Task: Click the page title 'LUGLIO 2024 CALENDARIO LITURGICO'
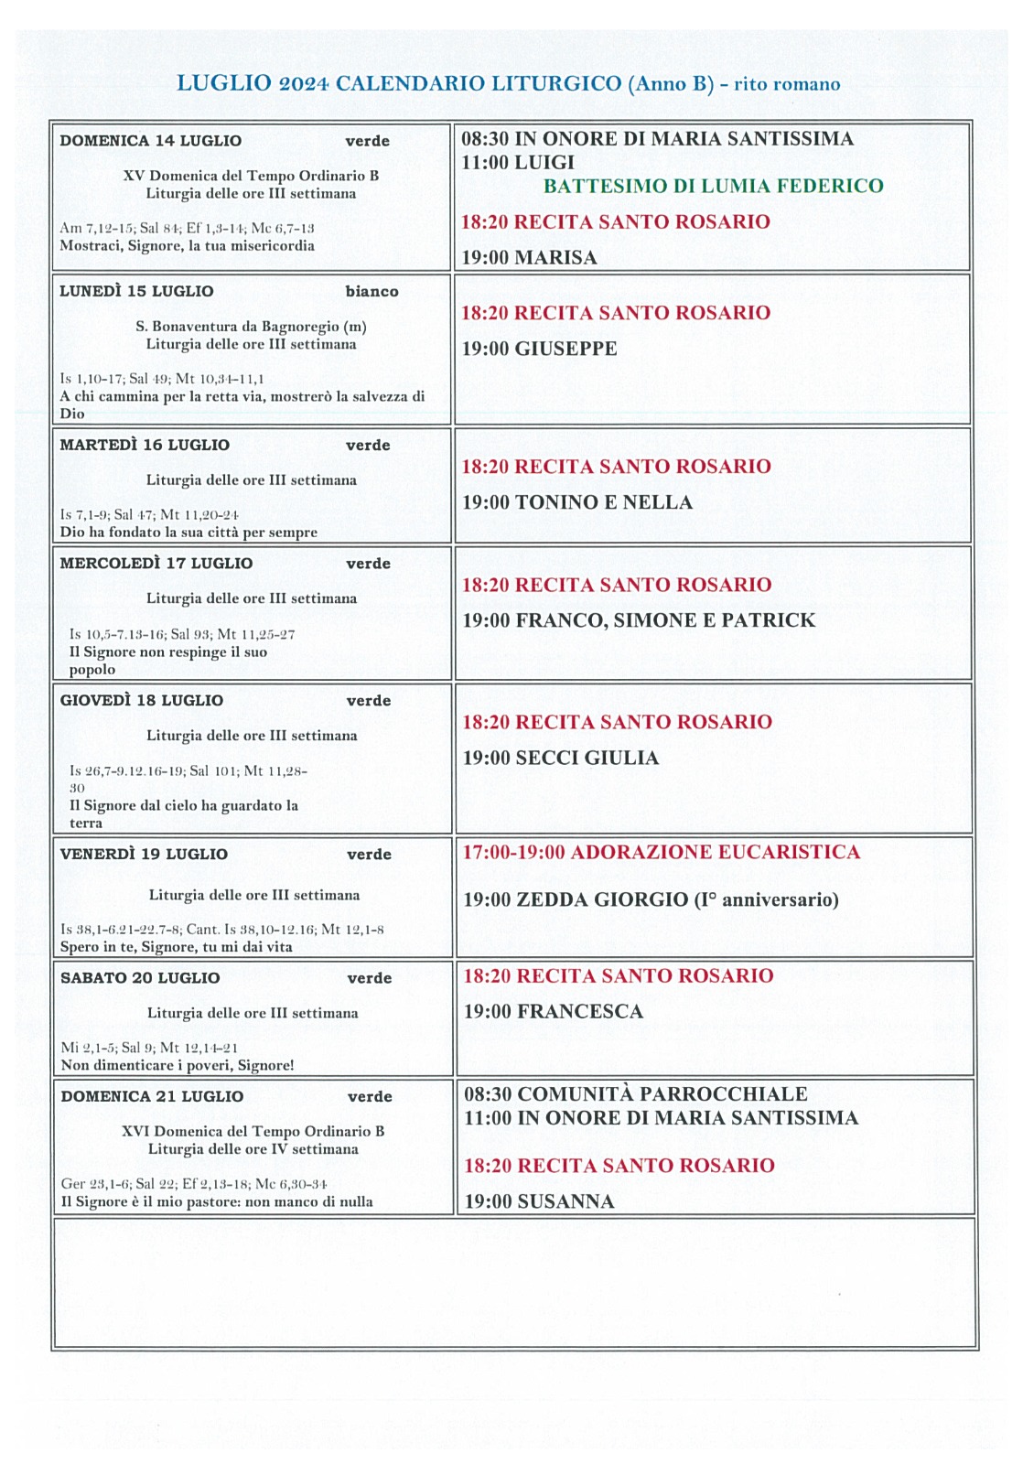(x=399, y=84)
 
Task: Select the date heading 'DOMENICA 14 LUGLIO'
(x=151, y=141)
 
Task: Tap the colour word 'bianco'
(x=372, y=292)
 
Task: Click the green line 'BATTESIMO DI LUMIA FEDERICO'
(x=713, y=187)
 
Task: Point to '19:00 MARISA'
(x=529, y=258)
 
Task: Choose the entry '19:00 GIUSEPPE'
(x=539, y=349)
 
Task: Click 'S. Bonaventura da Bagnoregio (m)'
(x=251, y=327)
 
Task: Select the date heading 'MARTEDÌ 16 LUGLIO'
(x=145, y=445)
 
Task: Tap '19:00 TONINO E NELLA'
(x=576, y=502)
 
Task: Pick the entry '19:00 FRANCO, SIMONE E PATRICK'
(x=638, y=620)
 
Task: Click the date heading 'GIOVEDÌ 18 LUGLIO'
(x=142, y=701)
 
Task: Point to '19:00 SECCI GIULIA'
(x=560, y=758)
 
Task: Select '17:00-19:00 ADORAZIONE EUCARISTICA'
(x=661, y=853)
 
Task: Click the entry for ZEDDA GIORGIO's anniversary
(x=650, y=899)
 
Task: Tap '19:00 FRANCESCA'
(x=553, y=1011)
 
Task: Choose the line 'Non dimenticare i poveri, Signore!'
(x=178, y=1065)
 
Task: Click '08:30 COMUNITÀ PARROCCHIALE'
(x=635, y=1094)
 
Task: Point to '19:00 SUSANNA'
(x=539, y=1201)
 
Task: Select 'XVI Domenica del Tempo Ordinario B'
(x=253, y=1132)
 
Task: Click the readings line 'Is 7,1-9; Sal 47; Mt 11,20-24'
(x=149, y=515)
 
